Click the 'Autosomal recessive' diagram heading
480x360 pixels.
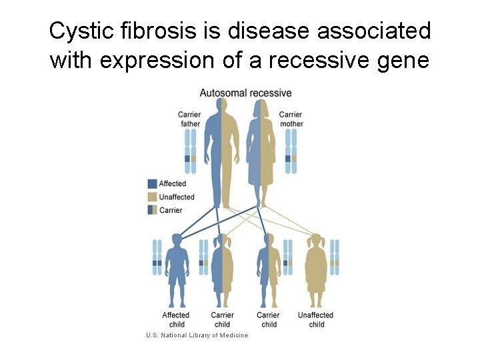(245, 93)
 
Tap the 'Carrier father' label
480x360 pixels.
(190, 119)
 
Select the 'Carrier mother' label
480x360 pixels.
(291, 119)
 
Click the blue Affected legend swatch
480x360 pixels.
(153, 183)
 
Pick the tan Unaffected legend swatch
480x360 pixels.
(153, 197)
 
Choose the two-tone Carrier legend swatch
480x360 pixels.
(153, 210)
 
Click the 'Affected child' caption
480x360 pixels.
(176, 319)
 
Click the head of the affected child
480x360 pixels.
(177, 241)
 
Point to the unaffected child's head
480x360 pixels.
(316, 241)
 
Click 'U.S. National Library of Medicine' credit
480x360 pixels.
(197, 335)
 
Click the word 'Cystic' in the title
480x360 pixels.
(75, 31)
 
